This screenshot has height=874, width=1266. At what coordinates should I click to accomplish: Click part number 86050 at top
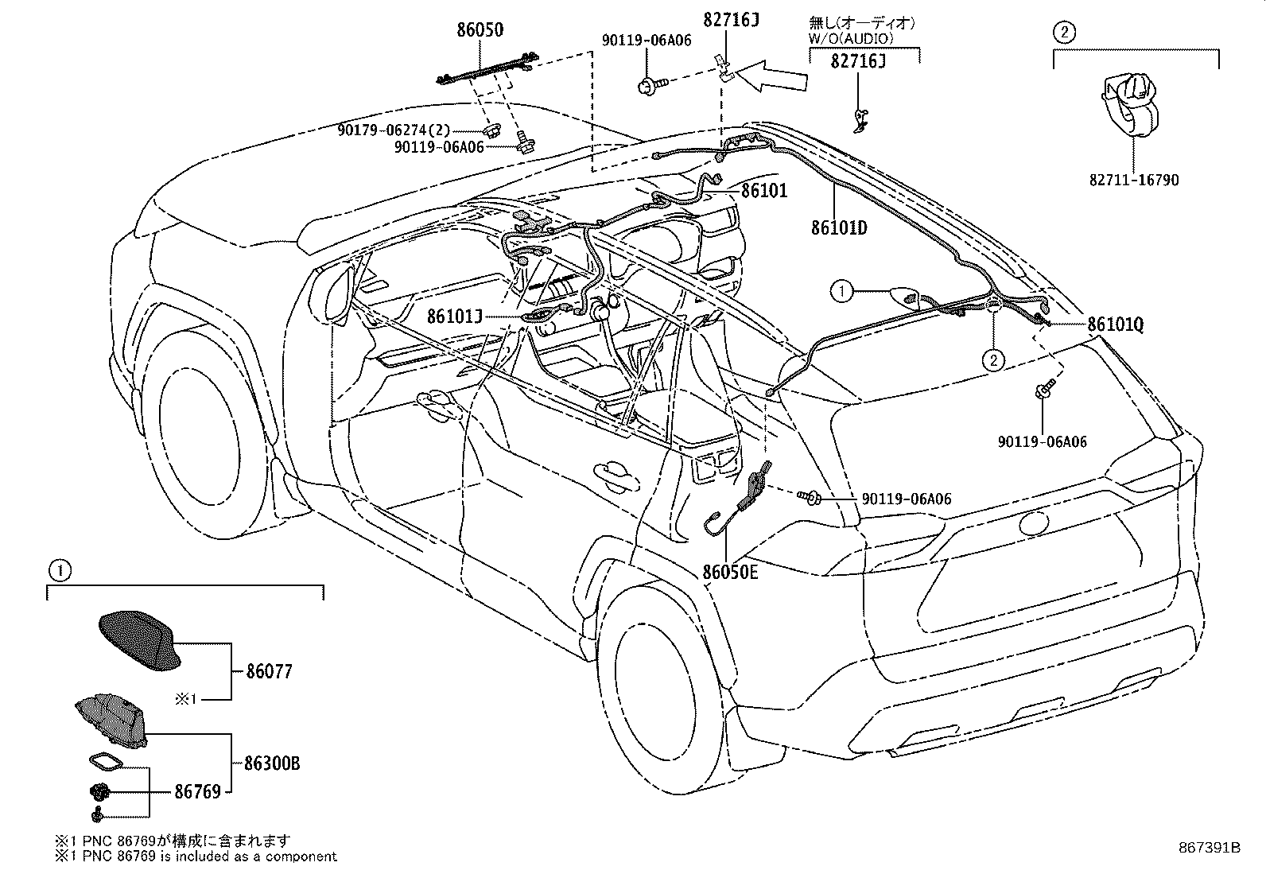click(480, 30)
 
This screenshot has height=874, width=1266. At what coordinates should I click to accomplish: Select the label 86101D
click(839, 227)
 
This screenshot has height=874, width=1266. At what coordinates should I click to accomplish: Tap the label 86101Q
click(1115, 324)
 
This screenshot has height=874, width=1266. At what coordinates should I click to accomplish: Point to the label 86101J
click(454, 316)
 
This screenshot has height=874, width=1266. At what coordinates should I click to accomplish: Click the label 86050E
click(730, 572)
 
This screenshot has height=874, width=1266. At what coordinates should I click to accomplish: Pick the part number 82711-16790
click(1134, 181)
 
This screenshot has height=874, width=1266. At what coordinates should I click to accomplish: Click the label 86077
click(269, 672)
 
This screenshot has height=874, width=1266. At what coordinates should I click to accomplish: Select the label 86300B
click(272, 763)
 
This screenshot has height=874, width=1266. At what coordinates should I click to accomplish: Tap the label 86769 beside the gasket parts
click(197, 791)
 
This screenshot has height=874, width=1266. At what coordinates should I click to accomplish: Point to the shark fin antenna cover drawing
click(139, 640)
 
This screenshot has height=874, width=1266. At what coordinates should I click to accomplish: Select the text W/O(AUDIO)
click(851, 38)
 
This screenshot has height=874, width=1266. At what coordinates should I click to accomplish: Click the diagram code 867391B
click(1209, 848)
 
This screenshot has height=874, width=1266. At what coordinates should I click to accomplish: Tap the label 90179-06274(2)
click(394, 130)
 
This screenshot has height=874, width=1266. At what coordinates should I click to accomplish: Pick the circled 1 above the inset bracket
click(60, 570)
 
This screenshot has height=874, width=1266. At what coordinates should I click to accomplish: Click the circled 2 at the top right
click(1064, 32)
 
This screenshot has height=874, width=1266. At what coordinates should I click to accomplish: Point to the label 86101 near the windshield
click(764, 191)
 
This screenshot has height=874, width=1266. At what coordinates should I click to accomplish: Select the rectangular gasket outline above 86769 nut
click(106, 761)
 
